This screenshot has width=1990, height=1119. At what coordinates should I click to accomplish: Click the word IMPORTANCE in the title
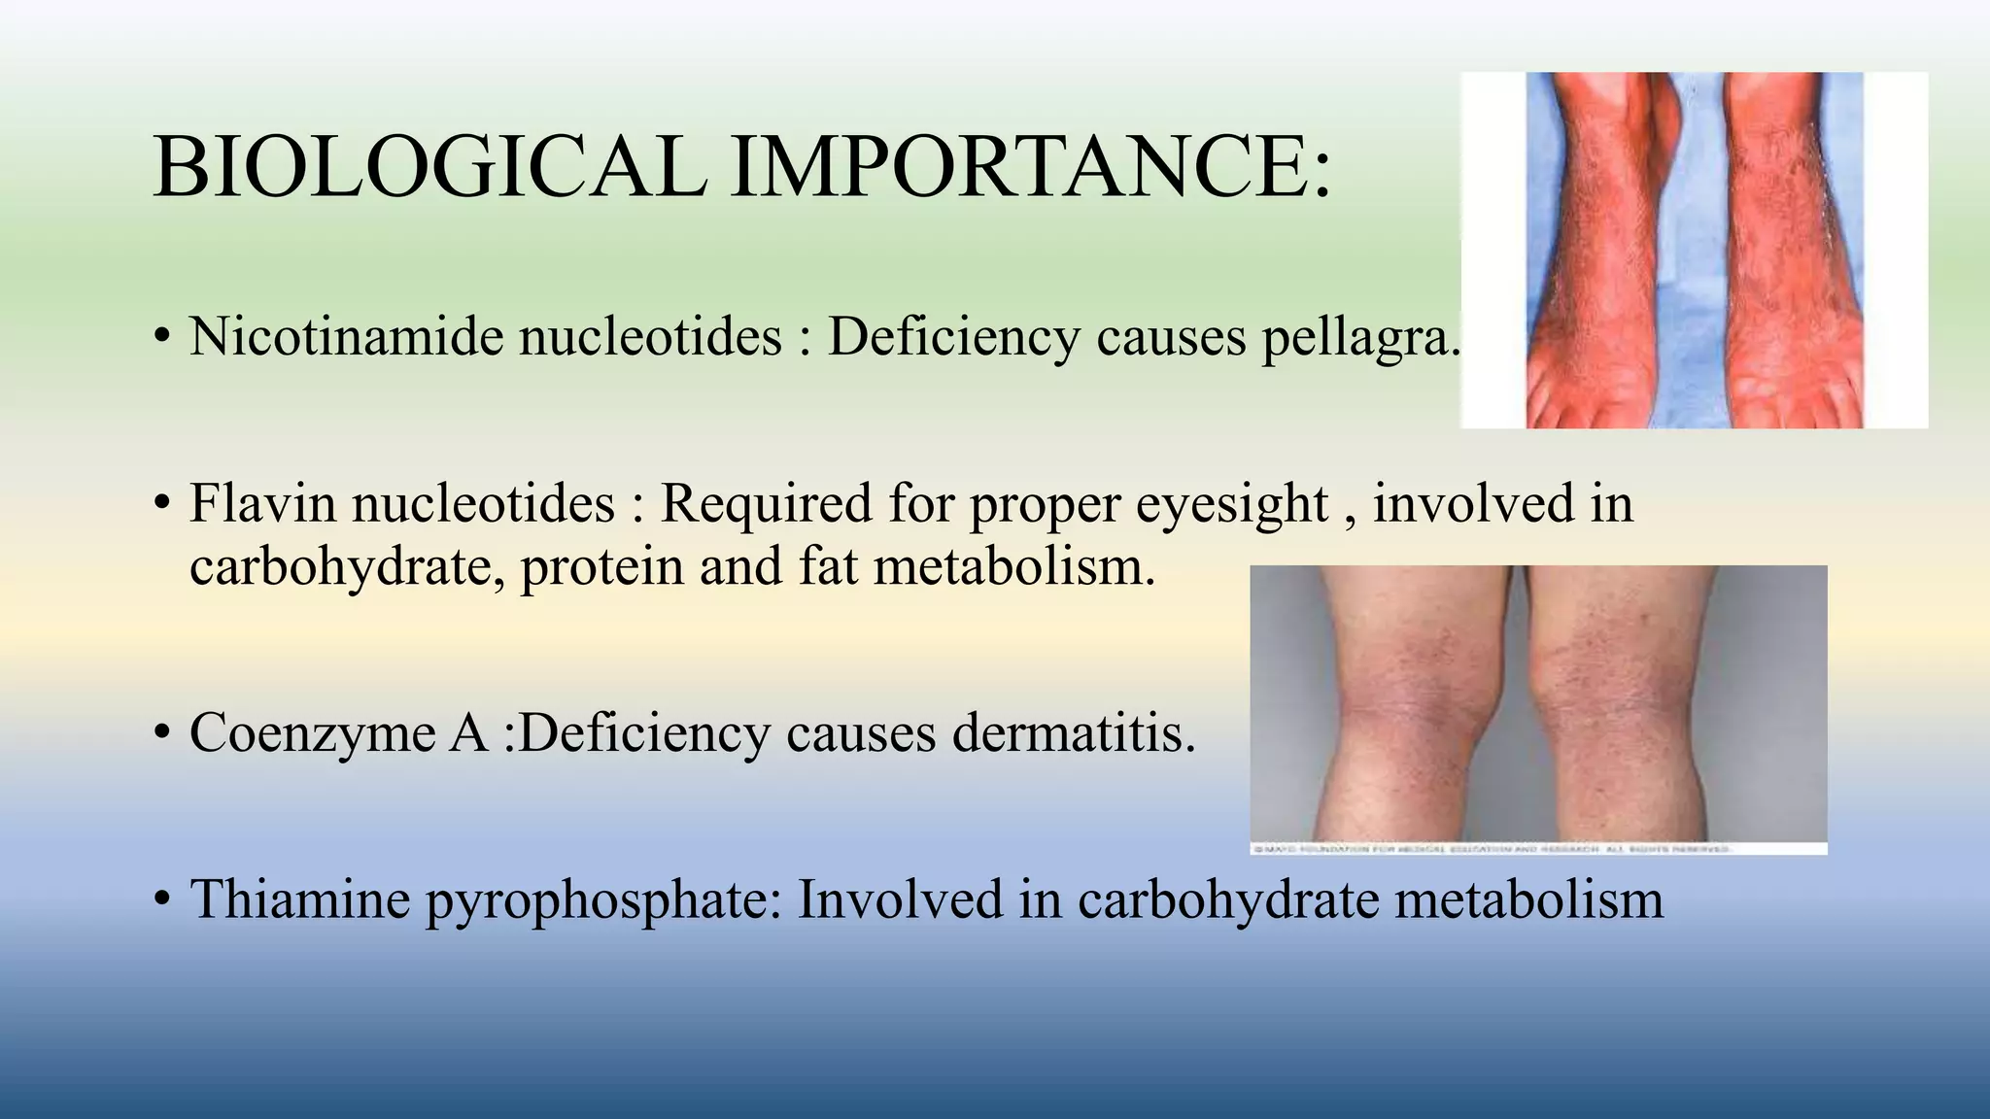click(1030, 167)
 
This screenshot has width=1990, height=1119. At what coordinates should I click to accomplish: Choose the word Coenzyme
click(312, 733)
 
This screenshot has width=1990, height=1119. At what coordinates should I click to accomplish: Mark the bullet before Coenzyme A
click(162, 733)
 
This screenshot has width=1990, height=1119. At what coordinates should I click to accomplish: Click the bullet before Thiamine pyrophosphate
click(162, 899)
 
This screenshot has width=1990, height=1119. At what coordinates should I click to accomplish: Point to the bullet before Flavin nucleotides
click(162, 505)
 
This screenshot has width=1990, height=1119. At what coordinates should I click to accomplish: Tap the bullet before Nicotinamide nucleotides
click(162, 338)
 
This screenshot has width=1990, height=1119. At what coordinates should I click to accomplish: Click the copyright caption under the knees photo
click(1492, 849)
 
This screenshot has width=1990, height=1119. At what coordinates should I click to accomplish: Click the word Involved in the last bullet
click(900, 899)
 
